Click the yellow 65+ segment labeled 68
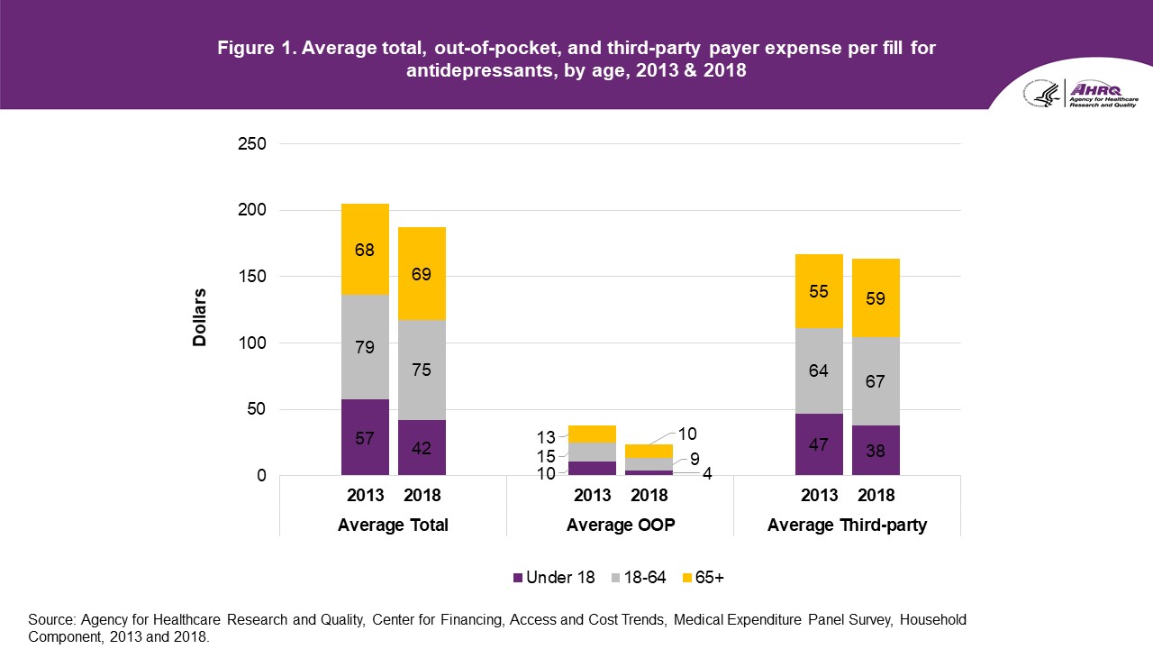click(x=365, y=250)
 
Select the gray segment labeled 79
click(x=365, y=346)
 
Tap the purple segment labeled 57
click(x=365, y=438)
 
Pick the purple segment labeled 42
click(x=422, y=448)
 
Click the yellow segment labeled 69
click(x=422, y=273)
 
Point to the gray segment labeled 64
click(x=819, y=370)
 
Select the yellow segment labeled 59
click(x=876, y=297)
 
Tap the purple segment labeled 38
click(x=876, y=450)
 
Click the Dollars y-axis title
click(x=199, y=317)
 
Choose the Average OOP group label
click(x=621, y=526)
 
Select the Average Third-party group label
click(x=847, y=526)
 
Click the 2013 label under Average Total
click(x=365, y=496)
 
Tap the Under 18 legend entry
click(x=554, y=578)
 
